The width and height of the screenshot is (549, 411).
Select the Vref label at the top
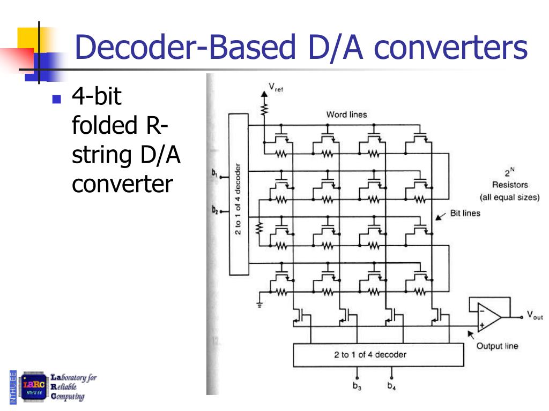[275, 87]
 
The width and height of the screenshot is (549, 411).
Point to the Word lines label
[346, 115]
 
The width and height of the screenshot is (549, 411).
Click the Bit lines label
[465, 213]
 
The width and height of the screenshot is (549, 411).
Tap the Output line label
[497, 346]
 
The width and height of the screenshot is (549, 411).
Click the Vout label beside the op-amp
[535, 316]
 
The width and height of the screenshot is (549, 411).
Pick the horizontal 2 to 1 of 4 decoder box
[378, 354]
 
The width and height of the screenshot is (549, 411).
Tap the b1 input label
[214, 174]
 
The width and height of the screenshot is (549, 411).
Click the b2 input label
[214, 210]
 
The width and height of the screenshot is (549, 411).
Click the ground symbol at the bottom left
[259, 303]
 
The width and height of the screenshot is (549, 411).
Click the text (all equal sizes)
[509, 197]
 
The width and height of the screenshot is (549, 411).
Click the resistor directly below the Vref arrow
[264, 110]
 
